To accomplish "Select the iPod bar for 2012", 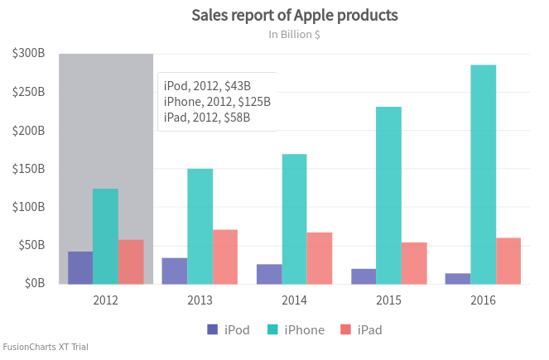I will point(80,267).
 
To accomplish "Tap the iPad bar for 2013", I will point(225,257).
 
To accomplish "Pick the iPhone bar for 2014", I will point(294,219).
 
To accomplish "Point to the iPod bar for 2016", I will point(458,278).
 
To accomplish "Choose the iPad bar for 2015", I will point(414,263).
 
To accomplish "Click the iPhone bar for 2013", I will point(200,226).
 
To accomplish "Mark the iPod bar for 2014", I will point(269,274).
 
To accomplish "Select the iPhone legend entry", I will point(296,330).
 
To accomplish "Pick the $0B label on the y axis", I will point(33,284).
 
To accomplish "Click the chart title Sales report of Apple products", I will point(295,16).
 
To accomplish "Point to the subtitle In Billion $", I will point(295,35).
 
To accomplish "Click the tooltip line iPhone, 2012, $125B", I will point(217,102).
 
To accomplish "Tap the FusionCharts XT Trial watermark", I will point(46,348).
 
